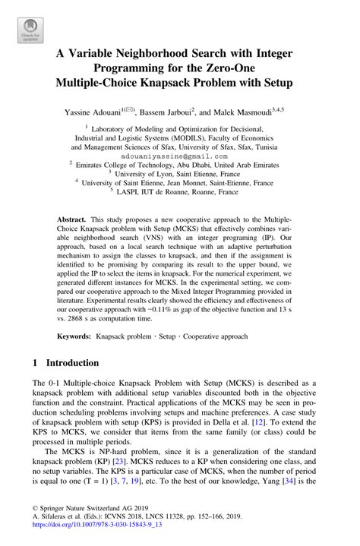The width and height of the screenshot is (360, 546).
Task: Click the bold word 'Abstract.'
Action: [73, 218]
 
